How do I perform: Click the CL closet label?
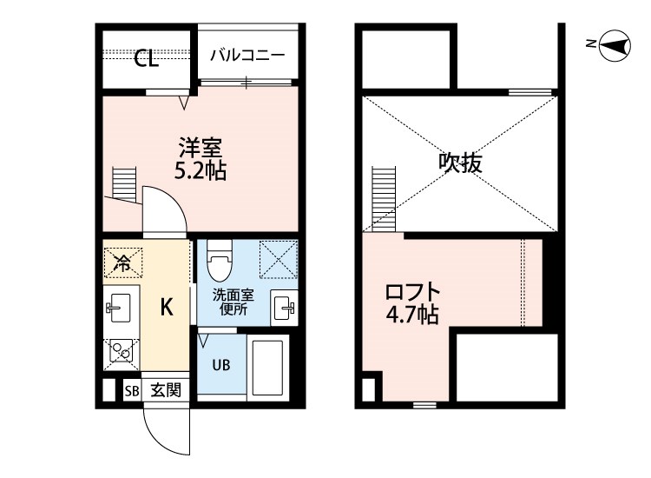pos(146,59)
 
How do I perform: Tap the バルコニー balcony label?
pos(247,55)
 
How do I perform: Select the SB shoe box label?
pos(131,390)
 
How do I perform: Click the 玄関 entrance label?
pos(165,390)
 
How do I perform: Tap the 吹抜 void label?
pos(459,163)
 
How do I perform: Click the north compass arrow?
pos(615,46)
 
